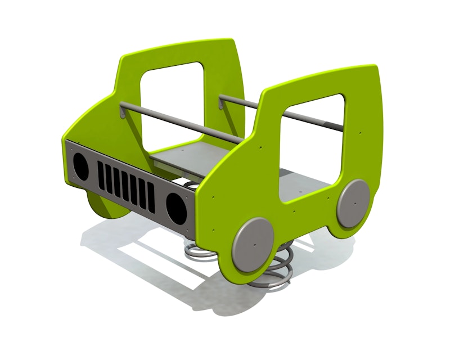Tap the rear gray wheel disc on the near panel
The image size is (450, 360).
click(353, 202)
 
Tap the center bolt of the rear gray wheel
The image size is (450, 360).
click(353, 202)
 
